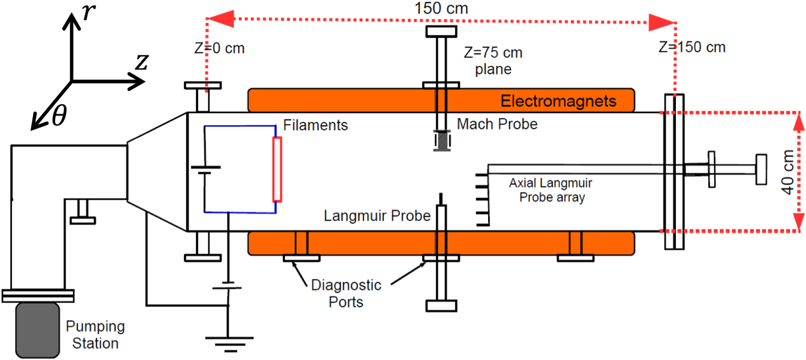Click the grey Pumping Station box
[x=39, y=330]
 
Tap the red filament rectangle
[x=277, y=168]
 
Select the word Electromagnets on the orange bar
[x=558, y=100]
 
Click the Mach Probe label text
[x=497, y=124]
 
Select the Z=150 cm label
[x=692, y=47]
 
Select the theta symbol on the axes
[x=59, y=117]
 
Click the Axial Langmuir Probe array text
[x=550, y=190]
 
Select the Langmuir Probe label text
[x=377, y=216]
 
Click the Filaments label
[x=315, y=125]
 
